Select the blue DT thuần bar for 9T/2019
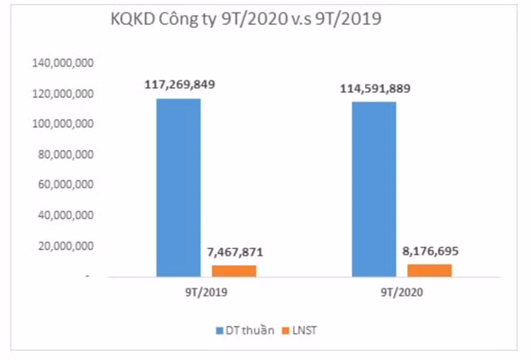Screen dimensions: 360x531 (x=178, y=187)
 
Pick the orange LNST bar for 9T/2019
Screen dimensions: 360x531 (x=235, y=270)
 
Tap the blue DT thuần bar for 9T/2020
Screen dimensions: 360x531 (x=374, y=189)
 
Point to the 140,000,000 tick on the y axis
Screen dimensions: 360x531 (x=62, y=63)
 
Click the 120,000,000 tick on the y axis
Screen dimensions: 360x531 (x=62, y=94)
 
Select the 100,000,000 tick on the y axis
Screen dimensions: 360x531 (x=62, y=124)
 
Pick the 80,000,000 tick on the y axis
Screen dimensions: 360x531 (x=66, y=154)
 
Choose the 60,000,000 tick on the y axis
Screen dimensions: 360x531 (x=66, y=185)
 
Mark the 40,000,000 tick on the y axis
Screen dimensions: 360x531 (x=66, y=216)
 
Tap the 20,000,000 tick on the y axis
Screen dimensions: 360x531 (x=66, y=246)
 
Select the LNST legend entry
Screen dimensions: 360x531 (x=304, y=330)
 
